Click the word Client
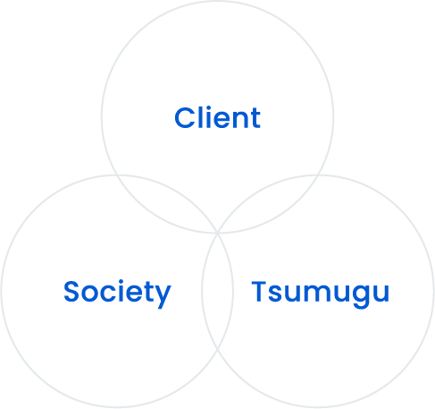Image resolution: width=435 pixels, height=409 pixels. tap(217, 117)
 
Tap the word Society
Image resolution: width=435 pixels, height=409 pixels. tap(117, 294)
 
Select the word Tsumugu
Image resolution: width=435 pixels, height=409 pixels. tap(321, 294)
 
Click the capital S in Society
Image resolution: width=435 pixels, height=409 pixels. tap(71, 291)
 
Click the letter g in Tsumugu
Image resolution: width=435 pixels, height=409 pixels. tap(362, 296)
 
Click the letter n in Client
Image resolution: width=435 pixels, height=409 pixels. tap(238, 120)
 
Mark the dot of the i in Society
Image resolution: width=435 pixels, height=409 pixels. tap(124, 282)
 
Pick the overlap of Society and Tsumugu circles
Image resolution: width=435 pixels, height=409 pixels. tap(217, 291)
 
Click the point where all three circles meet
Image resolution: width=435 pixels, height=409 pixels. tap(217, 233)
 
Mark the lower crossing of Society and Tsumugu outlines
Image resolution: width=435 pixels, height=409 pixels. tap(217, 349)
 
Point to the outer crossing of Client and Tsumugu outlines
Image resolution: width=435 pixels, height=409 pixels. tap(318, 175)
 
